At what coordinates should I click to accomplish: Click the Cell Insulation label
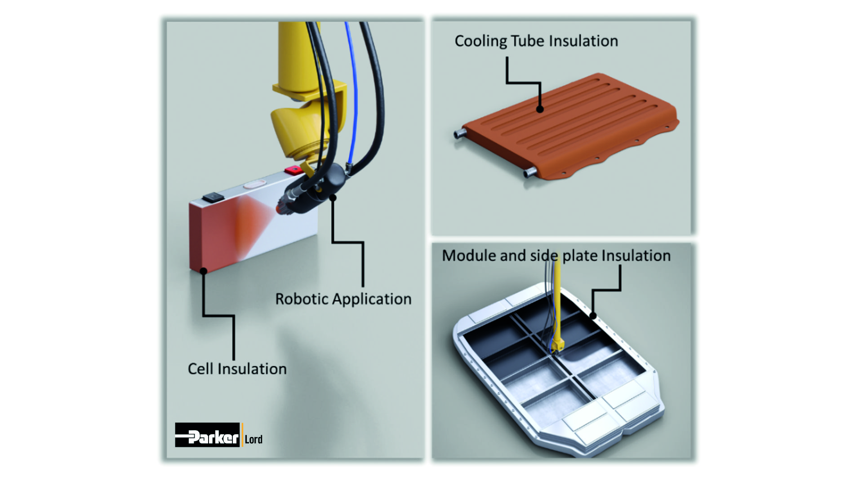pyautogui.click(x=237, y=369)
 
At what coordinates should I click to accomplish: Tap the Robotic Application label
pyautogui.click(x=343, y=299)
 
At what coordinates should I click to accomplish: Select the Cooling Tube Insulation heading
pyautogui.click(x=536, y=41)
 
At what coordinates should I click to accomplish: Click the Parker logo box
pyautogui.click(x=207, y=435)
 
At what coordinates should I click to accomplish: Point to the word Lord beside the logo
pyautogui.click(x=254, y=439)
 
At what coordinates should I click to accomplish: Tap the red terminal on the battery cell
pyautogui.click(x=293, y=170)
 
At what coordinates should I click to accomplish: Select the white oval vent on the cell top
pyautogui.click(x=254, y=184)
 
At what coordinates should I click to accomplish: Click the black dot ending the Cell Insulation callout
pyautogui.click(x=203, y=271)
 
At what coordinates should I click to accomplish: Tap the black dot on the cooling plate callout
pyautogui.click(x=540, y=109)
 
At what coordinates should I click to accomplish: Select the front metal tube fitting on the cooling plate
pyautogui.click(x=529, y=172)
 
